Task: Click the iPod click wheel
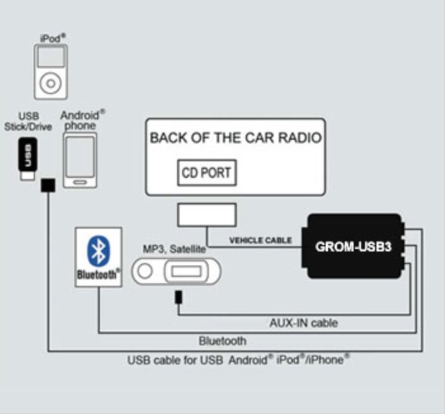pyautogui.click(x=50, y=83)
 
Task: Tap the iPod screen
pyautogui.click(x=50, y=58)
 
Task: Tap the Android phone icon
pyautogui.click(x=81, y=160)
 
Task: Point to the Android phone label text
pyautogui.click(x=82, y=120)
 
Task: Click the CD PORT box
pyautogui.click(x=206, y=172)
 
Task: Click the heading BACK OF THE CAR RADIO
pyautogui.click(x=236, y=138)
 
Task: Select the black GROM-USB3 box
pyautogui.click(x=354, y=246)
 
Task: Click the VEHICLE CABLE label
pyautogui.click(x=260, y=241)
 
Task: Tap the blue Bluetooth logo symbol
pyautogui.click(x=97, y=250)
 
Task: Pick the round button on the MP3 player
pyautogui.click(x=145, y=272)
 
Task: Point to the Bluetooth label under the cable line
pyautogui.click(x=222, y=341)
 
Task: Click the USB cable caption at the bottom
pyautogui.click(x=238, y=360)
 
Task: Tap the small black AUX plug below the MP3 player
pyautogui.click(x=179, y=297)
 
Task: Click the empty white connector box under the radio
pyautogui.click(x=207, y=215)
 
